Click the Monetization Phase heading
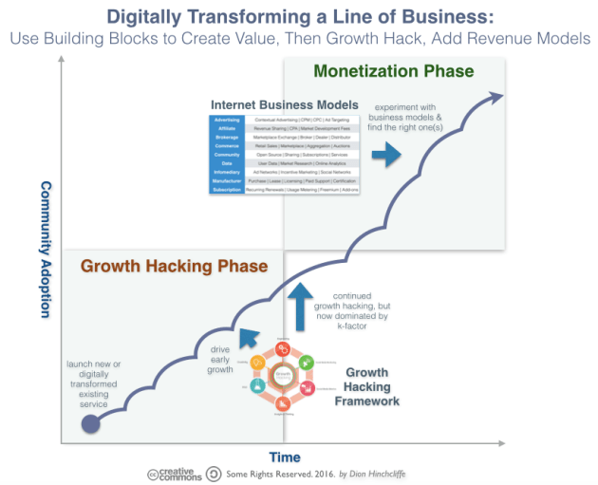393,71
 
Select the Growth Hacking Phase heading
175,266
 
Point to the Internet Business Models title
285,103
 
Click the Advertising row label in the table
226,121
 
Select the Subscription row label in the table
226,190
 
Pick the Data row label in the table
226,164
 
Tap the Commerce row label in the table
226,146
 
